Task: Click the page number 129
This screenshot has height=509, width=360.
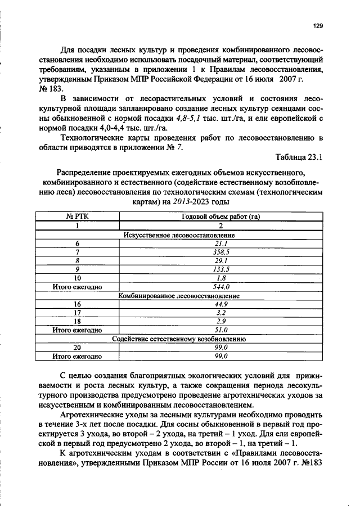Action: coord(318,25)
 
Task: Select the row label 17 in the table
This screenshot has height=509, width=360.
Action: coord(77,312)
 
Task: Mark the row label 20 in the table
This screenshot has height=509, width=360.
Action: coord(77,348)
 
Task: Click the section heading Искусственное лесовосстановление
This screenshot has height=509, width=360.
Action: coord(178,235)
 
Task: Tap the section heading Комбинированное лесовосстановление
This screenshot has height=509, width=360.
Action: coord(178,295)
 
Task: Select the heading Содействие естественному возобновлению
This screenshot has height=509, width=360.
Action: coord(178,339)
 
